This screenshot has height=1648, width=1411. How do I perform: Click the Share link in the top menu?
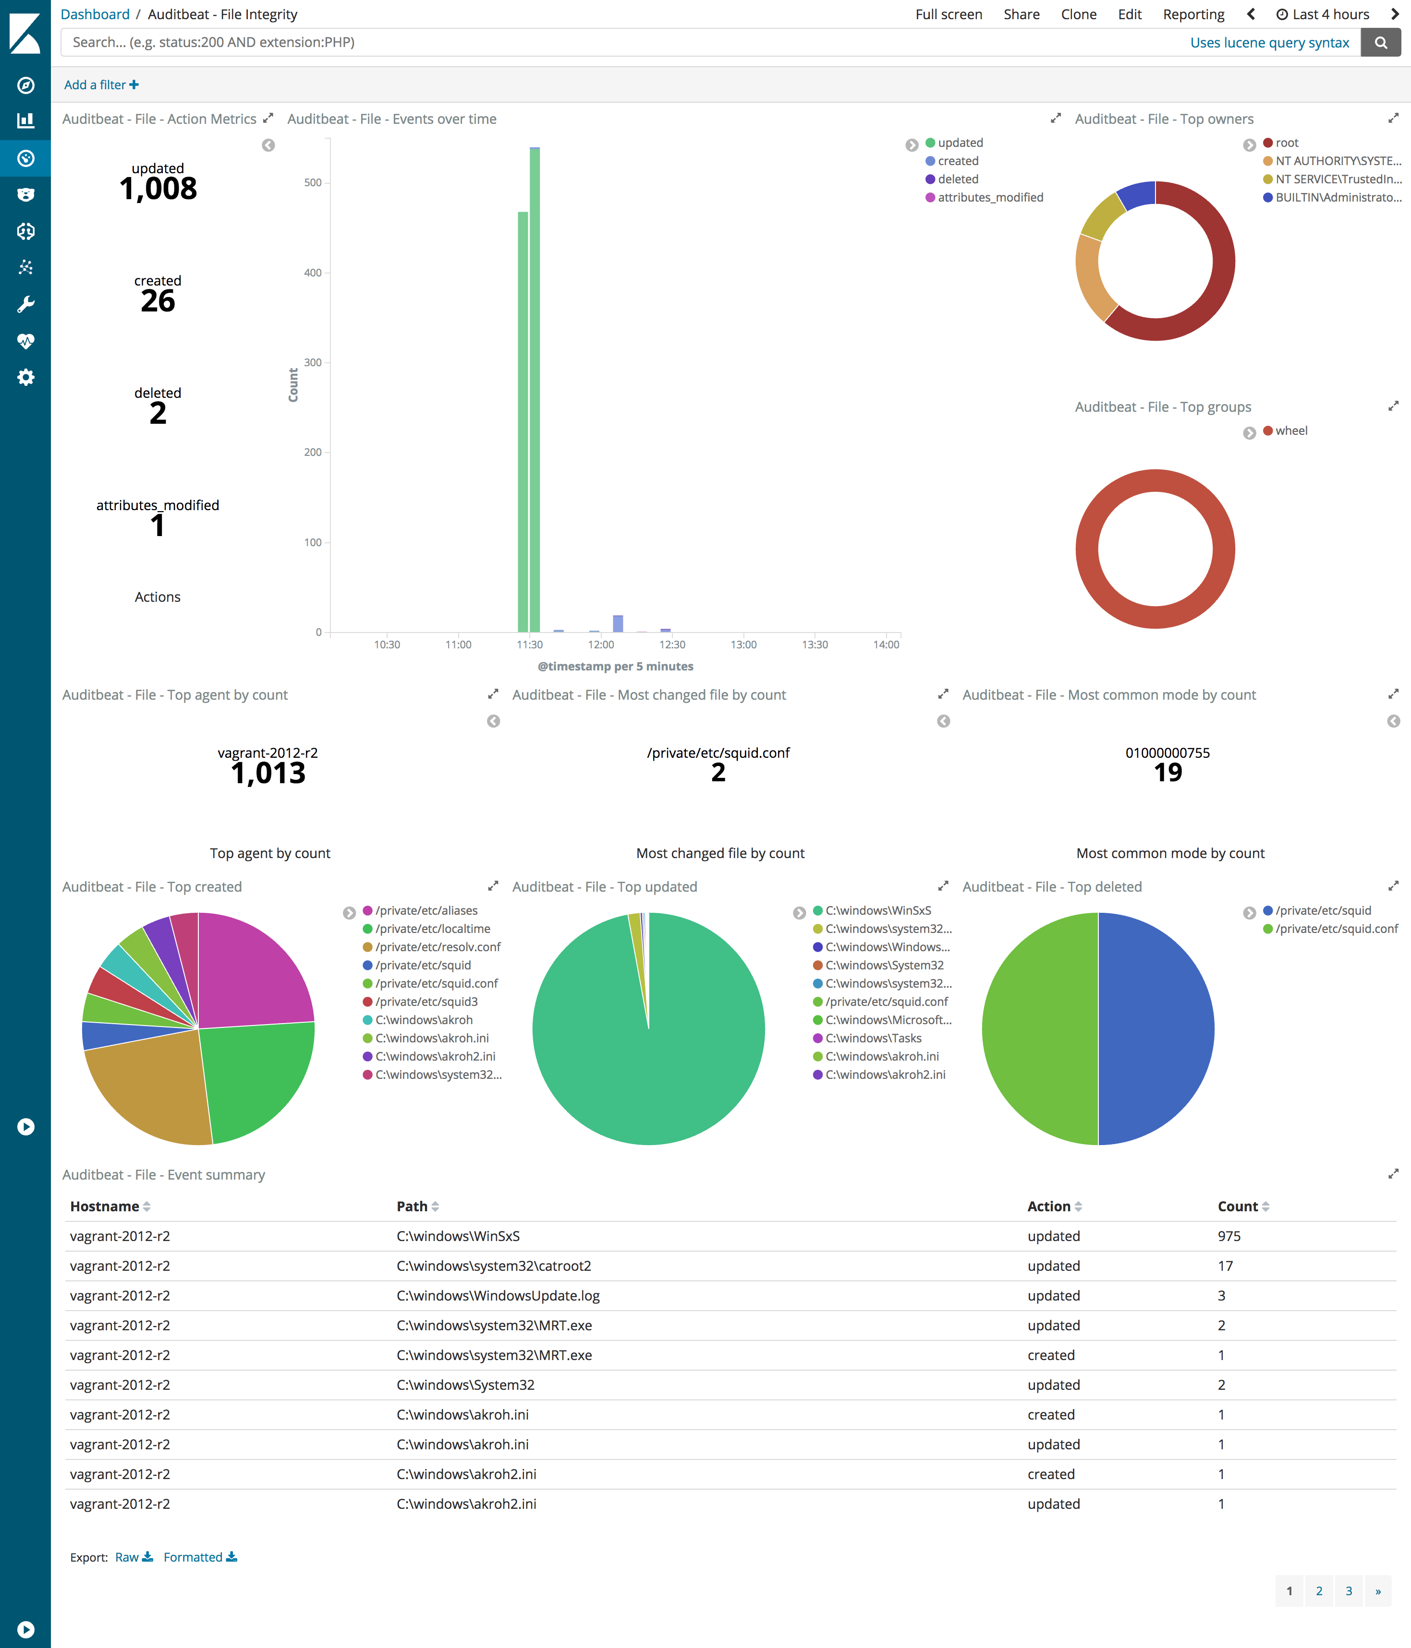pos(1021,14)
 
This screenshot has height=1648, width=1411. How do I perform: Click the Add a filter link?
pos(101,85)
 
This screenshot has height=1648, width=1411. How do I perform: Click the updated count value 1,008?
pos(158,189)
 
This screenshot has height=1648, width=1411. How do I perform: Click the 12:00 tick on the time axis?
pos(601,644)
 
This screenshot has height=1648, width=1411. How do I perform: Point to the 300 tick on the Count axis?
pos(313,363)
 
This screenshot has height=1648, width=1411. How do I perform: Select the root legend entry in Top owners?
pos(1286,143)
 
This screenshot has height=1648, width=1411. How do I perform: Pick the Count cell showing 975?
pos(1229,1236)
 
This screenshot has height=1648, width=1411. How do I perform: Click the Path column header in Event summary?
pos(412,1206)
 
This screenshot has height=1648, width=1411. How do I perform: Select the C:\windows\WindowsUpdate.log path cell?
pos(498,1296)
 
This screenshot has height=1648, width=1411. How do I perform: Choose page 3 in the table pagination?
pos(1348,1591)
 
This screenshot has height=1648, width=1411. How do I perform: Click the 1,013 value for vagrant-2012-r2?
pos(268,773)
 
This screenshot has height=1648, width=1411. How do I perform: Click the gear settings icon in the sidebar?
pos(25,377)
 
